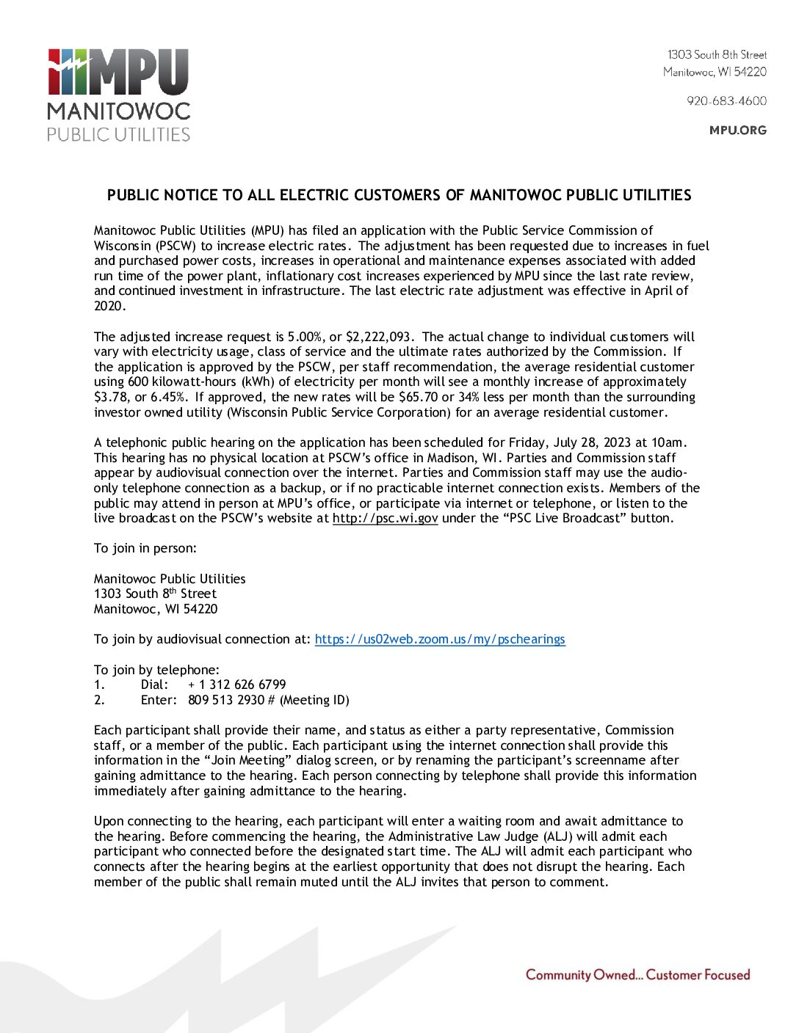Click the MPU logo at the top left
point(118,94)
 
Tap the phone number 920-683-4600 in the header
point(726,101)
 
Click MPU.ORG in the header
point(737,131)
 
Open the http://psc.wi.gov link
point(385,518)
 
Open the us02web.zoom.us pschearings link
point(440,639)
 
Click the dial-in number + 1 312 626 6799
point(237,685)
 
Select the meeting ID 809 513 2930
point(226,700)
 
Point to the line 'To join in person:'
point(145,548)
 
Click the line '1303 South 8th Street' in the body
point(155,594)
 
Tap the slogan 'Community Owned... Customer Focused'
point(637,975)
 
